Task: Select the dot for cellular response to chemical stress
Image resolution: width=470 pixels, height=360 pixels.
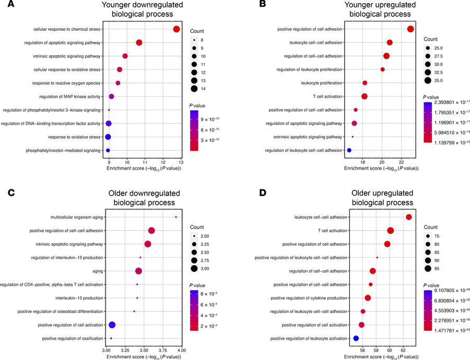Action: (177, 29)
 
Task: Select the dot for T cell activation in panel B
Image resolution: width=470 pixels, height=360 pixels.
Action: (365, 97)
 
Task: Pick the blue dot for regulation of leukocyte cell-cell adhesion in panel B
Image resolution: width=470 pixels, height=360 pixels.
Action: (349, 150)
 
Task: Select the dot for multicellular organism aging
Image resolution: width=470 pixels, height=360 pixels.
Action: (176, 217)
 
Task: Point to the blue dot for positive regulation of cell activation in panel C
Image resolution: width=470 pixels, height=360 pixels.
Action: (112, 325)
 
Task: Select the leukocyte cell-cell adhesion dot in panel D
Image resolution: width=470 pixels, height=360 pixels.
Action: (409, 217)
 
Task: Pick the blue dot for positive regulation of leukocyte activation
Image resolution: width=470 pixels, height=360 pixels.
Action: (356, 339)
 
